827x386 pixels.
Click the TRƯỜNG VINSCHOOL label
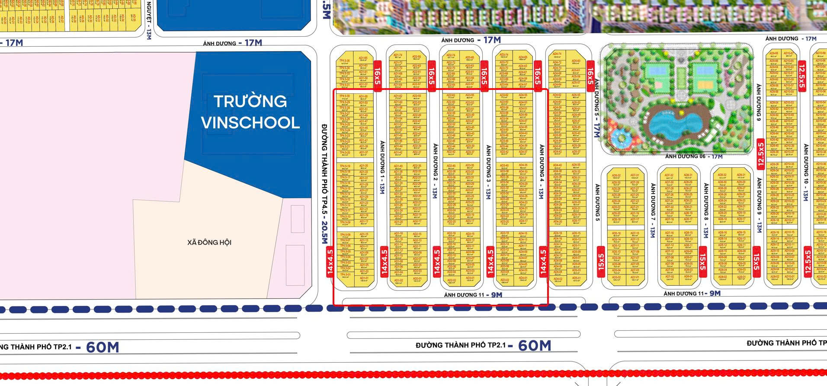tap(250, 112)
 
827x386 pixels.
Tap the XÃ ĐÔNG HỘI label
tap(209, 242)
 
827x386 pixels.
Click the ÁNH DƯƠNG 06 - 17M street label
tap(693, 156)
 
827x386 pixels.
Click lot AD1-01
tap(364, 279)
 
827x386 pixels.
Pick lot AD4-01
tap(523, 279)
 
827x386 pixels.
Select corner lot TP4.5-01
tap(345, 276)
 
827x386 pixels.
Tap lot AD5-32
tap(616, 177)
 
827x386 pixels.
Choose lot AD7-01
tap(635, 279)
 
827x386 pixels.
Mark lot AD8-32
tap(688, 176)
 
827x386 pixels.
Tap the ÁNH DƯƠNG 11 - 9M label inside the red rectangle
tap(473, 295)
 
